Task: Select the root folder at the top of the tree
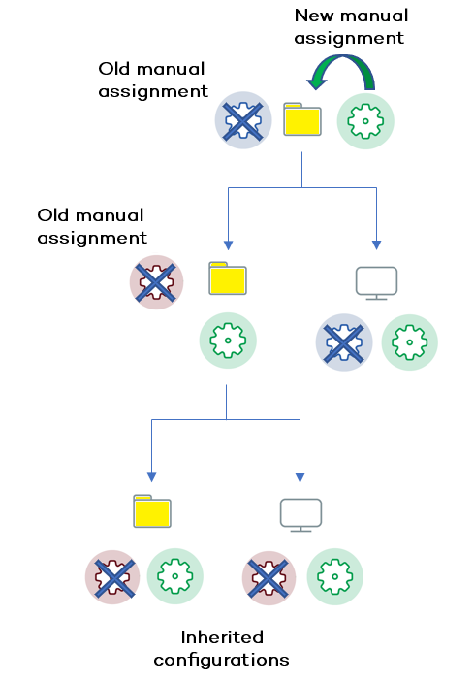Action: tap(302, 120)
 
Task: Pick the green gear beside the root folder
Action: tap(365, 121)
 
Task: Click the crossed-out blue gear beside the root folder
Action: tap(238, 121)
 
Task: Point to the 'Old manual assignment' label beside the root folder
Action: tap(153, 81)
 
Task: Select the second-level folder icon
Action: tap(228, 278)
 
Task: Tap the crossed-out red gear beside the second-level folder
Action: tap(157, 282)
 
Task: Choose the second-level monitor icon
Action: tap(376, 282)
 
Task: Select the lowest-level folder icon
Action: tap(151, 511)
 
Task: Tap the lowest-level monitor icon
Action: tap(300, 514)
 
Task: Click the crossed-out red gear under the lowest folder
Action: tap(112, 576)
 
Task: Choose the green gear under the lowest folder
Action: tap(174, 576)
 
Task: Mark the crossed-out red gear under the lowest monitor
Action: tap(269, 576)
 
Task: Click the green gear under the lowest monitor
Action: tap(335, 576)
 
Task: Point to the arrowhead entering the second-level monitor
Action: tap(376, 244)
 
